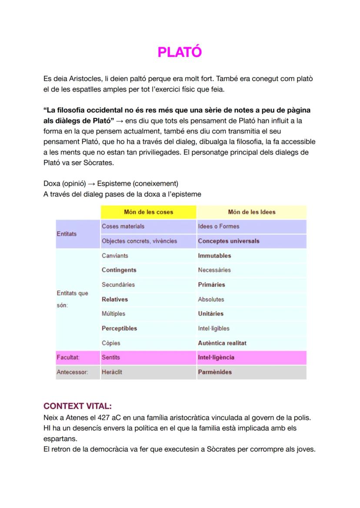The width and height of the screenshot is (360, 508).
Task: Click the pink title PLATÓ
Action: [x=180, y=52]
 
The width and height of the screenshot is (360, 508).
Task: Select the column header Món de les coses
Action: [x=148, y=212]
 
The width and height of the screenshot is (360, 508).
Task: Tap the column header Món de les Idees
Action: [x=251, y=212]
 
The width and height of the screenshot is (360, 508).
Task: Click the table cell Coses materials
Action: [x=123, y=226]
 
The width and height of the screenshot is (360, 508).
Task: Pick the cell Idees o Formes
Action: [x=218, y=226]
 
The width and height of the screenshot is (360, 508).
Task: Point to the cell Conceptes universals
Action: [x=228, y=241]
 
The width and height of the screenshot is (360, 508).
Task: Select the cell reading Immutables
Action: [x=214, y=256]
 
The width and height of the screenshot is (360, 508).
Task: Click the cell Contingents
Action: [x=119, y=270]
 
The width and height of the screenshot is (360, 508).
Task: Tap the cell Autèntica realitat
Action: [x=222, y=343]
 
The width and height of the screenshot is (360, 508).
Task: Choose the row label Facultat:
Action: [x=65, y=358]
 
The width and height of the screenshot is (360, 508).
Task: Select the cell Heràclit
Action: [x=112, y=372]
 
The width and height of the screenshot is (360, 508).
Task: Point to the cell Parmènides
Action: [x=215, y=372]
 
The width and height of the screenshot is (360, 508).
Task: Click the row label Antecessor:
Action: [x=72, y=372]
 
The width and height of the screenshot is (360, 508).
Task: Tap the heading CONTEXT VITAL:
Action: [x=78, y=406]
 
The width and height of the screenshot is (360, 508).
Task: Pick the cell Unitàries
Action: [x=210, y=314]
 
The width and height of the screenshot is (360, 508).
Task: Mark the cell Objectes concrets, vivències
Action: [x=139, y=241]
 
